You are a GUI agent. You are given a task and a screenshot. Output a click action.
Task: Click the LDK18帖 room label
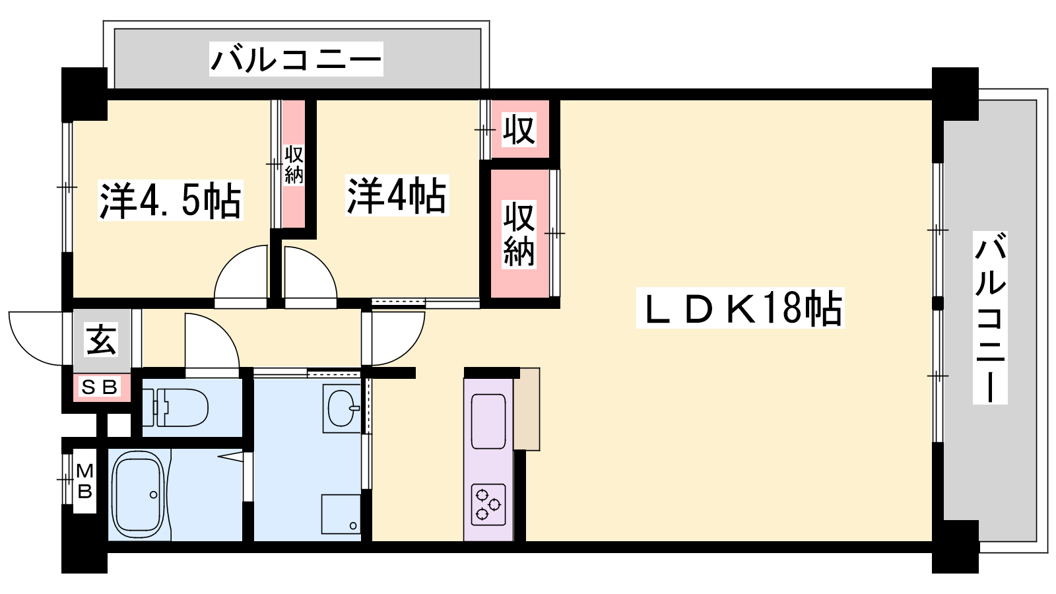(740, 308)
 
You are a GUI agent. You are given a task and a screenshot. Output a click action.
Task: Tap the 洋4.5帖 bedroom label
(170, 200)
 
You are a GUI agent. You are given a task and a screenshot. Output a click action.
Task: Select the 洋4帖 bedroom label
(397, 195)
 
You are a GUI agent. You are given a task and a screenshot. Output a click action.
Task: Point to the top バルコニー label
(296, 59)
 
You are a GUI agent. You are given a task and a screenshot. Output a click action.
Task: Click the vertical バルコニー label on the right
(990, 317)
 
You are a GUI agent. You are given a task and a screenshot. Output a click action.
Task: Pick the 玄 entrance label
(101, 339)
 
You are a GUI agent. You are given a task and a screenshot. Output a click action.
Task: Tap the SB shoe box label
(100, 387)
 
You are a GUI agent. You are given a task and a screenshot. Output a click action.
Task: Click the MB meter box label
(84, 480)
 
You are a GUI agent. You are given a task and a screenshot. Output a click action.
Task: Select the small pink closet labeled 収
(519, 129)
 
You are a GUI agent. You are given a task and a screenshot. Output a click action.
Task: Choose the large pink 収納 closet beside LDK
(519, 234)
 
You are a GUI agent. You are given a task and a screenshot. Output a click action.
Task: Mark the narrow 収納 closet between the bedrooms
(294, 164)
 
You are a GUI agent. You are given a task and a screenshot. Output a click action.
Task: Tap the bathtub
(138, 494)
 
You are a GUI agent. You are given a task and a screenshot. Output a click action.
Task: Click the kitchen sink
(488, 421)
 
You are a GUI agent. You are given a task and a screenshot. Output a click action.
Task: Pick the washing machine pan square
(341, 513)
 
